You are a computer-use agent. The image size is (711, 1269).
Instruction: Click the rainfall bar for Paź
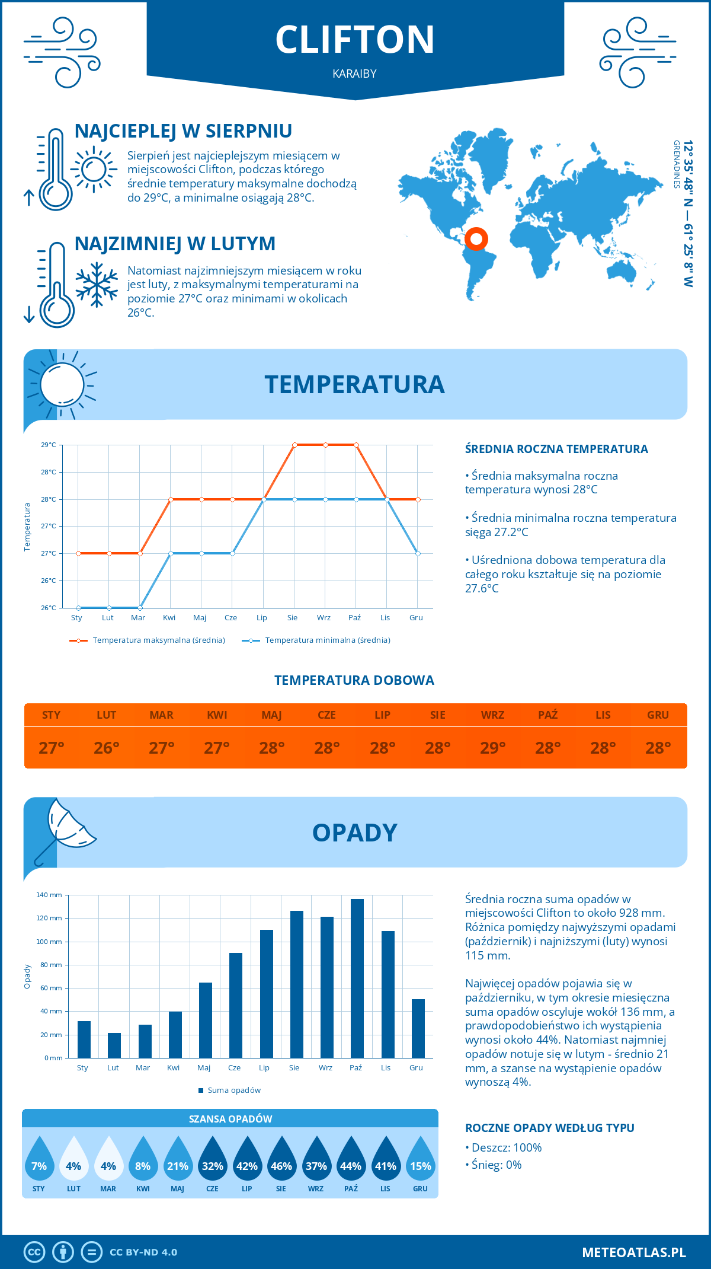(x=357, y=978)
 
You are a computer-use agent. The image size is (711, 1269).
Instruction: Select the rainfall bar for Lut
(x=114, y=1045)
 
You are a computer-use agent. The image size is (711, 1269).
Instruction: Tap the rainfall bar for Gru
(x=418, y=1029)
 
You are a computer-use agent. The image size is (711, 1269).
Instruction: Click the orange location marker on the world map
(x=476, y=239)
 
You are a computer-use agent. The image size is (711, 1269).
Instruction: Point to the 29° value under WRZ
(x=492, y=748)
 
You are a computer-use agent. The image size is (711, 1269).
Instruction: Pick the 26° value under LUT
(x=107, y=748)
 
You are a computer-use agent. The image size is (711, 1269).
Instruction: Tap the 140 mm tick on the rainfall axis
(x=49, y=895)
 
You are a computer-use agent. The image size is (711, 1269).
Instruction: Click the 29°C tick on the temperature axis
(x=49, y=445)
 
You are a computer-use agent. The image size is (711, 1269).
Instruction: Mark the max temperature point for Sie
(x=294, y=445)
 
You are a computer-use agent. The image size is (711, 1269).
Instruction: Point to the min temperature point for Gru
(x=418, y=553)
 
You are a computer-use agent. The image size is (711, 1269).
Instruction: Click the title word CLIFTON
(x=355, y=40)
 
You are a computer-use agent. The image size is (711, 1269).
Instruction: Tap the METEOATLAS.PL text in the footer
(x=633, y=1252)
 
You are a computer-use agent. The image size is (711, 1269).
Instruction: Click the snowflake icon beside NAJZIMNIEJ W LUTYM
(x=97, y=285)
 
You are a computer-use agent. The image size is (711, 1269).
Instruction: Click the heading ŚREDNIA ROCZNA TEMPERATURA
(x=556, y=449)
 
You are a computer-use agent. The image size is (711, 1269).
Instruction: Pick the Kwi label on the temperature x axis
(x=169, y=618)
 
